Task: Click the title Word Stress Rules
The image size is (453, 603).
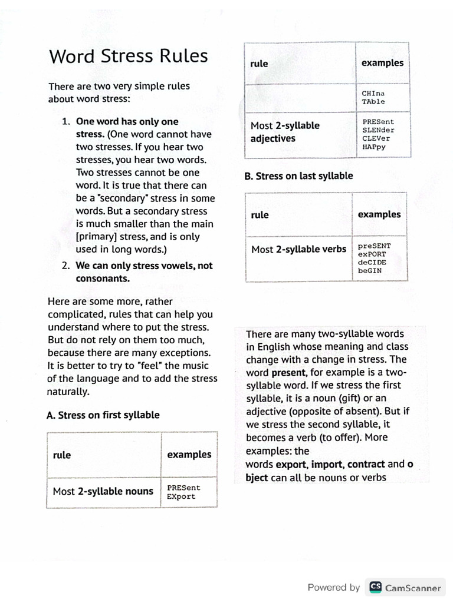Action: pos(129,56)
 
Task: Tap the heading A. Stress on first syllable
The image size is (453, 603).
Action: pos(103,415)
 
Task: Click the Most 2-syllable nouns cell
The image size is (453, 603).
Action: pos(103,491)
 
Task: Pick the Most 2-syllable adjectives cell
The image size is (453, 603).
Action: pos(285,132)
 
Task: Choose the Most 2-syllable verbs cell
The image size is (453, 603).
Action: pos(298,249)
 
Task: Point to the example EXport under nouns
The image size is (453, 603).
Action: pos(181,496)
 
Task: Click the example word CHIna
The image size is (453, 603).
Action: pos(373,93)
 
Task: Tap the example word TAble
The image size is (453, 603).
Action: pos(373,101)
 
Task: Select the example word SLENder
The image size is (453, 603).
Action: pos(378,130)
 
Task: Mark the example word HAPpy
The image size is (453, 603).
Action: pos(374,147)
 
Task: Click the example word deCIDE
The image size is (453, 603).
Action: pos(372,262)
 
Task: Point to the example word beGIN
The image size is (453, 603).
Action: pos(370,270)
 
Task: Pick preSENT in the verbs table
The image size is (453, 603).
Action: pos(374,246)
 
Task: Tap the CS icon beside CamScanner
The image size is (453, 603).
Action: pos(375,587)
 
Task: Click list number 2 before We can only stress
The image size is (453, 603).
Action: pos(66,266)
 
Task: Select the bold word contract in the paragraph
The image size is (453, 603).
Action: pos(366,465)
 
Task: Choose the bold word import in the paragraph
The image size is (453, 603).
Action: pos(327,465)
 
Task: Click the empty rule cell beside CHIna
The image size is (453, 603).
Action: pos(300,97)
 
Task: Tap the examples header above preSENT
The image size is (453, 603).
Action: pos(379,214)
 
